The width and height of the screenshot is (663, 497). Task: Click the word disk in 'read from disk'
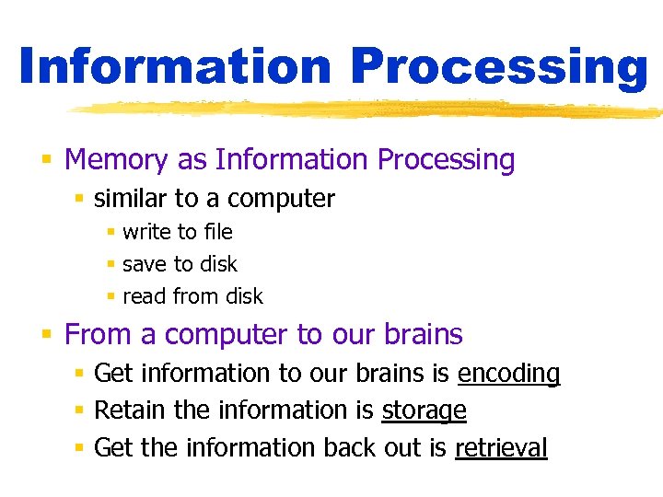click(243, 296)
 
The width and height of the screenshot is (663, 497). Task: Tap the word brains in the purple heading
click(422, 334)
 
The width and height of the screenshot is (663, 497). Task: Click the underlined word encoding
click(508, 375)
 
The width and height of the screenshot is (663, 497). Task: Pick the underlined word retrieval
click(501, 448)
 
